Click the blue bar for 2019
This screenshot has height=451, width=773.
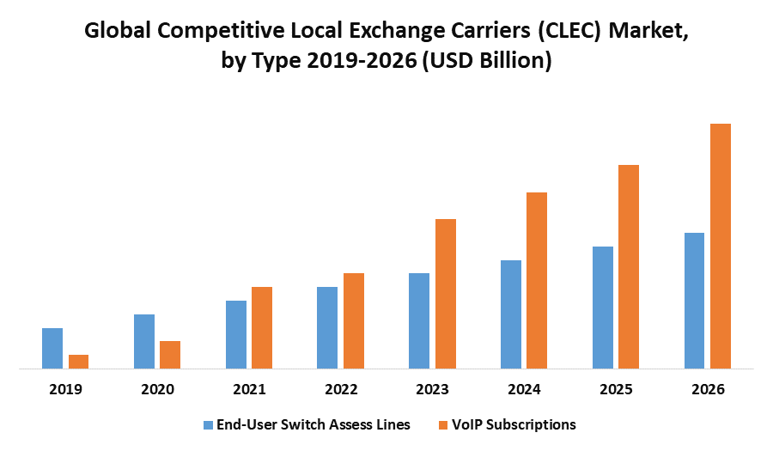(x=52, y=348)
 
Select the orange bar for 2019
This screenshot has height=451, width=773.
(x=78, y=362)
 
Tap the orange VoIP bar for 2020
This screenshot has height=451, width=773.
(x=170, y=355)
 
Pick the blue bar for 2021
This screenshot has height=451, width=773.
(x=236, y=334)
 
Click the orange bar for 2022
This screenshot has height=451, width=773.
(x=354, y=320)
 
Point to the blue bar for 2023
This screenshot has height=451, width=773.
(x=419, y=320)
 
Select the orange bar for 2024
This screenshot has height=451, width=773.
(x=537, y=280)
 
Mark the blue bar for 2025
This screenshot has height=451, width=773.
(x=603, y=308)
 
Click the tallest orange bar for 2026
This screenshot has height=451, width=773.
(x=721, y=246)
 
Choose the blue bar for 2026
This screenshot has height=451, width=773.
(x=694, y=301)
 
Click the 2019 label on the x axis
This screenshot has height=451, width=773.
(x=65, y=389)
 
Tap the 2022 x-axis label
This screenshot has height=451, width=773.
(x=341, y=389)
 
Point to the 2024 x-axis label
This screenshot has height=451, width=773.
(x=524, y=389)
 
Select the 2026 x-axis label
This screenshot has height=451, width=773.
(x=708, y=389)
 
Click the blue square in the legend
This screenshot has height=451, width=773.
(x=207, y=424)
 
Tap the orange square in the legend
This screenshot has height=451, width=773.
(x=443, y=424)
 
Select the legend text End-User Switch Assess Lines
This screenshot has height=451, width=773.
(x=313, y=424)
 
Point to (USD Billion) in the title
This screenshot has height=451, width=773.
(x=485, y=62)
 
